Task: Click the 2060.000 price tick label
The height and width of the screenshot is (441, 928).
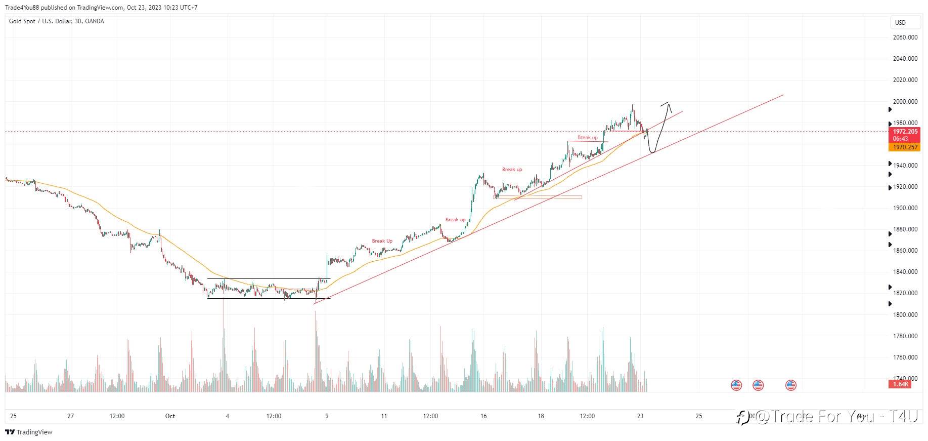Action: click(905, 37)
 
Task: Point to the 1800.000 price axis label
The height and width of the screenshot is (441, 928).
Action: click(905, 315)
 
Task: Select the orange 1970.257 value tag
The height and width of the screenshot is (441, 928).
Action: click(905, 147)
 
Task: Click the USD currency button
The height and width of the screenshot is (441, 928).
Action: click(900, 23)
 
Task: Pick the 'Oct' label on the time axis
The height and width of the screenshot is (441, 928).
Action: click(170, 416)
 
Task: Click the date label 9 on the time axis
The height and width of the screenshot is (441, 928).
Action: click(327, 416)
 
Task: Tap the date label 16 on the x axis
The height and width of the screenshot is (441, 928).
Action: click(483, 416)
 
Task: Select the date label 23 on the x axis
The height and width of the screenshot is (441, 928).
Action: click(640, 416)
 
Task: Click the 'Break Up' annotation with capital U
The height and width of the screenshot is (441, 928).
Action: click(382, 241)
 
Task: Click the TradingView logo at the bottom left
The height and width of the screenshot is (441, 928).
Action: click(29, 432)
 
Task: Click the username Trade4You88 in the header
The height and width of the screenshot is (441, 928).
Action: click(22, 8)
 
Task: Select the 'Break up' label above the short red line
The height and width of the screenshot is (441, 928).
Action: click(587, 138)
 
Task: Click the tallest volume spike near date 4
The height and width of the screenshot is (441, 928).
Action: click(223, 324)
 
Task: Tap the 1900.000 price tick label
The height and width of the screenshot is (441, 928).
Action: click(905, 208)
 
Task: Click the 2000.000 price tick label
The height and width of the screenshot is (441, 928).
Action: click(905, 102)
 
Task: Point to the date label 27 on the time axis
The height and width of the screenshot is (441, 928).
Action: click(71, 416)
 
